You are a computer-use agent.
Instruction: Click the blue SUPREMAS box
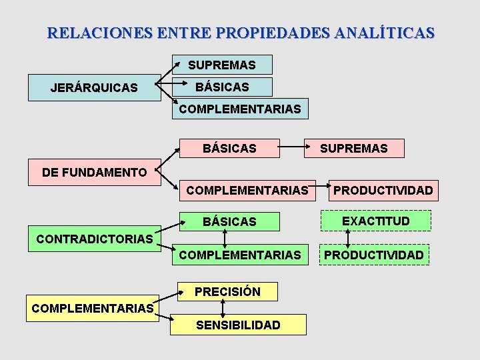point(222,65)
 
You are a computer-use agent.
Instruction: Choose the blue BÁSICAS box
point(222,87)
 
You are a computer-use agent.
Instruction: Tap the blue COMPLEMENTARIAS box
point(240,108)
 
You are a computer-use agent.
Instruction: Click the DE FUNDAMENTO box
point(94,173)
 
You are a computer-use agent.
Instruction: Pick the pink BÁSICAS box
point(229,148)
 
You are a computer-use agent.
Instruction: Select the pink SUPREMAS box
point(353,148)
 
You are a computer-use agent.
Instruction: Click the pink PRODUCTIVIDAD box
point(383,191)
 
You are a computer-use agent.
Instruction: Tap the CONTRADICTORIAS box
point(94,239)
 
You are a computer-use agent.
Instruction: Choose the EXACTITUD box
point(376,221)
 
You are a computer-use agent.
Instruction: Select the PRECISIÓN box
point(227,291)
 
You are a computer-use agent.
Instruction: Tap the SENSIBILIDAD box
point(238,325)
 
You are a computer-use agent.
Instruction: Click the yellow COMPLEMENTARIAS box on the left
point(93,309)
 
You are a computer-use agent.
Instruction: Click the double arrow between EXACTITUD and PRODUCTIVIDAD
point(348,237)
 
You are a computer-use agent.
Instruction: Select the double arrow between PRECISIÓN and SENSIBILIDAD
point(223,308)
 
